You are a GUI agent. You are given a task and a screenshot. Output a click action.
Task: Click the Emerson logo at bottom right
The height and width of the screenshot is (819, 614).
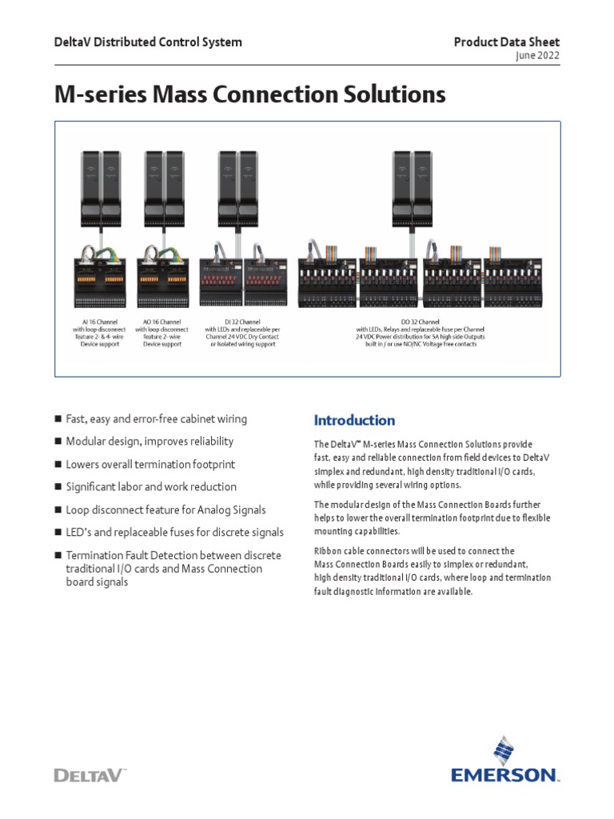pos(504,764)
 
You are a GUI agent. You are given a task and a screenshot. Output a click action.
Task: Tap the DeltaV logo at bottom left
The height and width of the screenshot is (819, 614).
pos(90,774)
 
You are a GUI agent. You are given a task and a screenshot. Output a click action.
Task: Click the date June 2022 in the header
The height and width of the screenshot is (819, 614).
pos(540,55)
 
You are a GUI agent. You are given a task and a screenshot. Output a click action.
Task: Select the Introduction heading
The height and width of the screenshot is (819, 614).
pos(354,420)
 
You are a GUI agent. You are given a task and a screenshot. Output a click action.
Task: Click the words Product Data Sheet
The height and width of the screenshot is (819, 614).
pos(507,42)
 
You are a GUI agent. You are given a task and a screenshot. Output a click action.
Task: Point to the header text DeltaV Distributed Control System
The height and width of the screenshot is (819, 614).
pos(148,42)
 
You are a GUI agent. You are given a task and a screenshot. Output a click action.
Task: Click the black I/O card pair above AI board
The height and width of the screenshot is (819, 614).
pos(100,187)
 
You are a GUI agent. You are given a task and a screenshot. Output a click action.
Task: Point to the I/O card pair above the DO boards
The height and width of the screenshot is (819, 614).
pos(413,187)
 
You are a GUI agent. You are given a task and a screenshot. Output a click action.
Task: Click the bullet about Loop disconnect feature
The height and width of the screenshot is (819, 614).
pos(165,509)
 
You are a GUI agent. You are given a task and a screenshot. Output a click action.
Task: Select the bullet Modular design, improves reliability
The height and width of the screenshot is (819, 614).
pos(150,441)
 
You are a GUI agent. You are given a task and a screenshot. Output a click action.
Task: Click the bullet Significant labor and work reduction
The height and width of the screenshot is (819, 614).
pos(151,486)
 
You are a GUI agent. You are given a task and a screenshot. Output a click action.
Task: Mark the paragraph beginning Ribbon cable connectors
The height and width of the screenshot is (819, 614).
pos(432,571)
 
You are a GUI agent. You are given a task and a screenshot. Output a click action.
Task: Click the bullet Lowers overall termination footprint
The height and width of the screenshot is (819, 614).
pos(150,464)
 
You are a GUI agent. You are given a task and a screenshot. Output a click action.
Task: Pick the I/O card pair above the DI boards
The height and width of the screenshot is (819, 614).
pos(238,187)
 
